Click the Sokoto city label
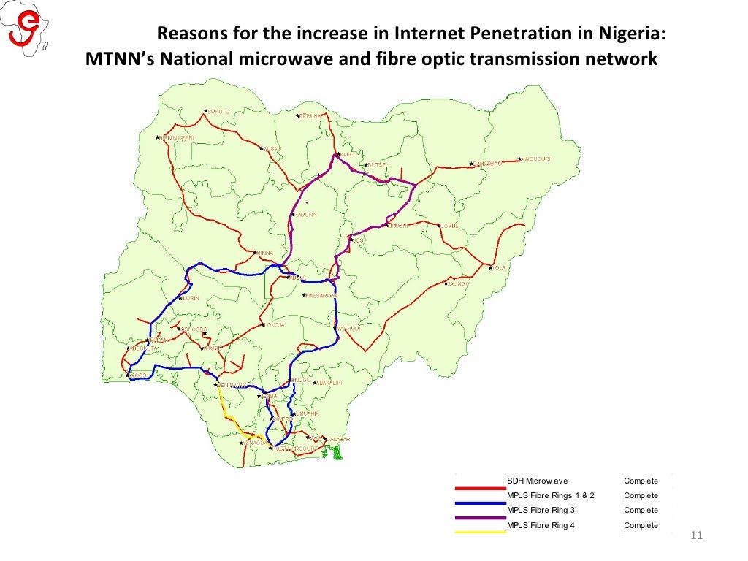219,112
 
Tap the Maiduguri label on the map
536,159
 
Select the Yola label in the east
499,268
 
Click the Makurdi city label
348,329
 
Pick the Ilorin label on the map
190,298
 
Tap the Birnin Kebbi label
176,137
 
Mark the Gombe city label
449,226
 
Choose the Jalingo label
458,283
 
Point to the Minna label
264,253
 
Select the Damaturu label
487,164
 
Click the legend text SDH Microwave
537,481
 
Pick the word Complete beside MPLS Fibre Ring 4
641,525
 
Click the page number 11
695,538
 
